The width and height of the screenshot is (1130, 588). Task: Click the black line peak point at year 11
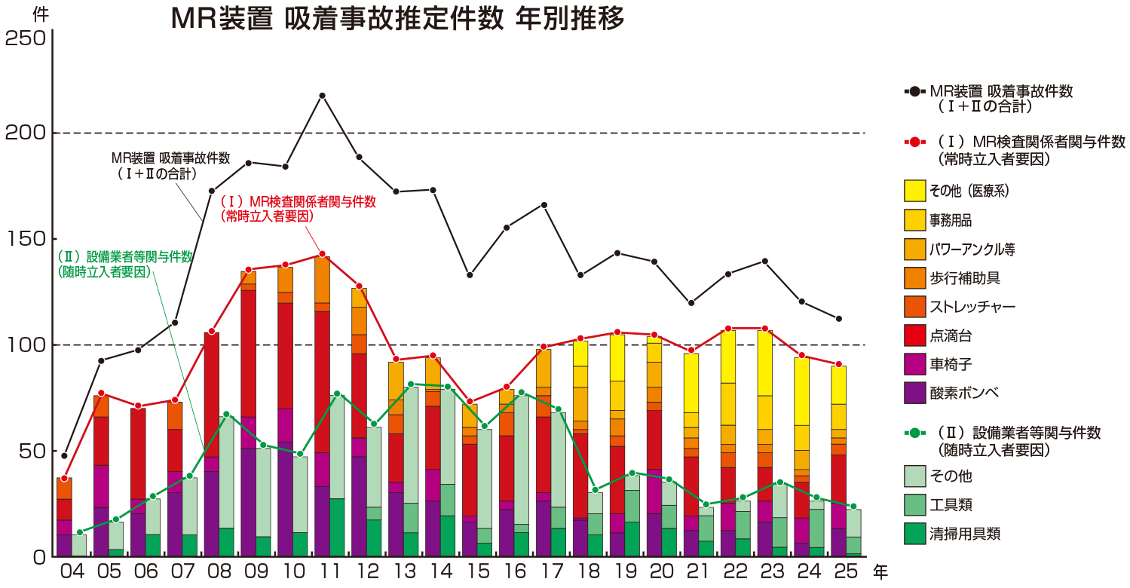tap(322, 96)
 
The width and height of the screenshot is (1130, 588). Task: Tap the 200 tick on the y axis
tap(26, 133)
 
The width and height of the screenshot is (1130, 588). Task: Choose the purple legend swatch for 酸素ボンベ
tap(914, 393)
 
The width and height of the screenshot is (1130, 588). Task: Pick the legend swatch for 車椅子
tap(914, 364)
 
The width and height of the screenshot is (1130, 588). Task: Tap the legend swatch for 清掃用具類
tap(914, 534)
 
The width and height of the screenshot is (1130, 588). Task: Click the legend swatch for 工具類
tap(914, 505)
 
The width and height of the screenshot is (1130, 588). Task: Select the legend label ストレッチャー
tap(972, 307)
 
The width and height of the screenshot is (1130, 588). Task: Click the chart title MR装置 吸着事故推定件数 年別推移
tap(397, 19)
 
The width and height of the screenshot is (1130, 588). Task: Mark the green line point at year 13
tap(411, 384)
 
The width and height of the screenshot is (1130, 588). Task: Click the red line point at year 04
tap(65, 479)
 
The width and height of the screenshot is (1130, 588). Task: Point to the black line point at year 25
tap(838, 319)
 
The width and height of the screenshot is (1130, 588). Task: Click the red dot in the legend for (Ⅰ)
tap(914, 142)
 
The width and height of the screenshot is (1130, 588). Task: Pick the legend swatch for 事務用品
tap(914, 220)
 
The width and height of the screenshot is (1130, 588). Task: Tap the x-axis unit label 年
tap(880, 573)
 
